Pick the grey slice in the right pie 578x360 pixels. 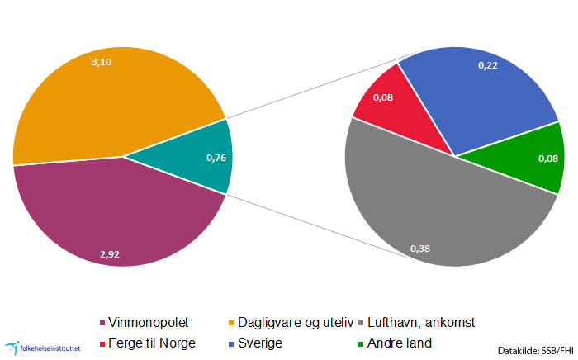(x=438, y=215)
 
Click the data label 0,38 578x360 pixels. (x=421, y=247)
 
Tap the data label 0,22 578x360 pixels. (x=489, y=65)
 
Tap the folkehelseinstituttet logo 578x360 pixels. (x=41, y=348)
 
